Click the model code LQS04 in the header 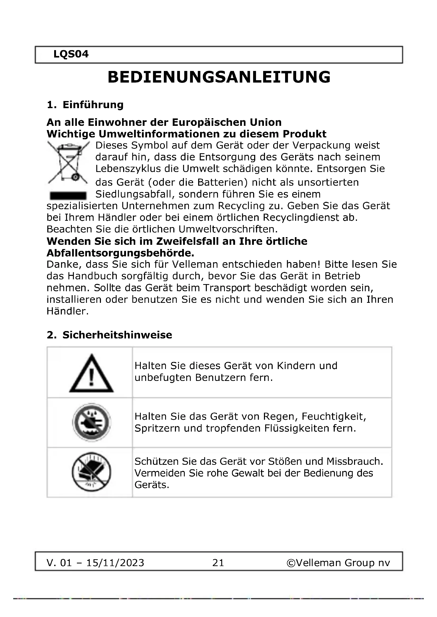point(71,54)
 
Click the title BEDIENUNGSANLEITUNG point(219,77)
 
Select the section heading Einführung point(93,105)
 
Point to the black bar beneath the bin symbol point(68,195)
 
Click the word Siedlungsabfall point(133,194)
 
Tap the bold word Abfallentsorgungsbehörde point(120,253)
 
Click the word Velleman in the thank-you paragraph point(195,264)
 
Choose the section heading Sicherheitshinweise point(117,335)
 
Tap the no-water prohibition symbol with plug point(91,422)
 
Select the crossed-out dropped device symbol point(91,472)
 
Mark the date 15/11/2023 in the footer point(115,563)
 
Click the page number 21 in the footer point(218,563)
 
